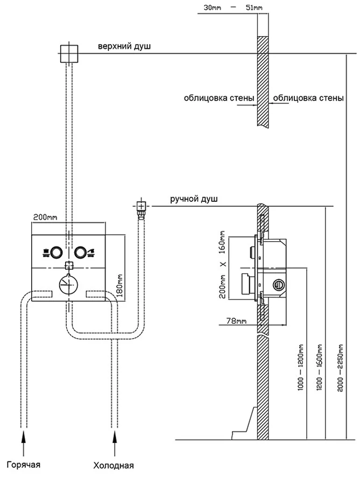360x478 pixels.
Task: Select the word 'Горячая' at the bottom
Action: (x=24, y=465)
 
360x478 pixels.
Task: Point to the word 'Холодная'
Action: (x=114, y=466)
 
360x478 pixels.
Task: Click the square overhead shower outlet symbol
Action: (x=68, y=53)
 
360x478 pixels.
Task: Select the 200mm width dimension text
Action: (x=45, y=217)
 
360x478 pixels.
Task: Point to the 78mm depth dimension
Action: (x=232, y=321)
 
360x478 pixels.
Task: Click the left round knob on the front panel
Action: (x=55, y=251)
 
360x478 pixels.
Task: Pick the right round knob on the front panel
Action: (x=81, y=251)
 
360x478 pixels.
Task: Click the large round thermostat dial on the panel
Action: (x=68, y=283)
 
